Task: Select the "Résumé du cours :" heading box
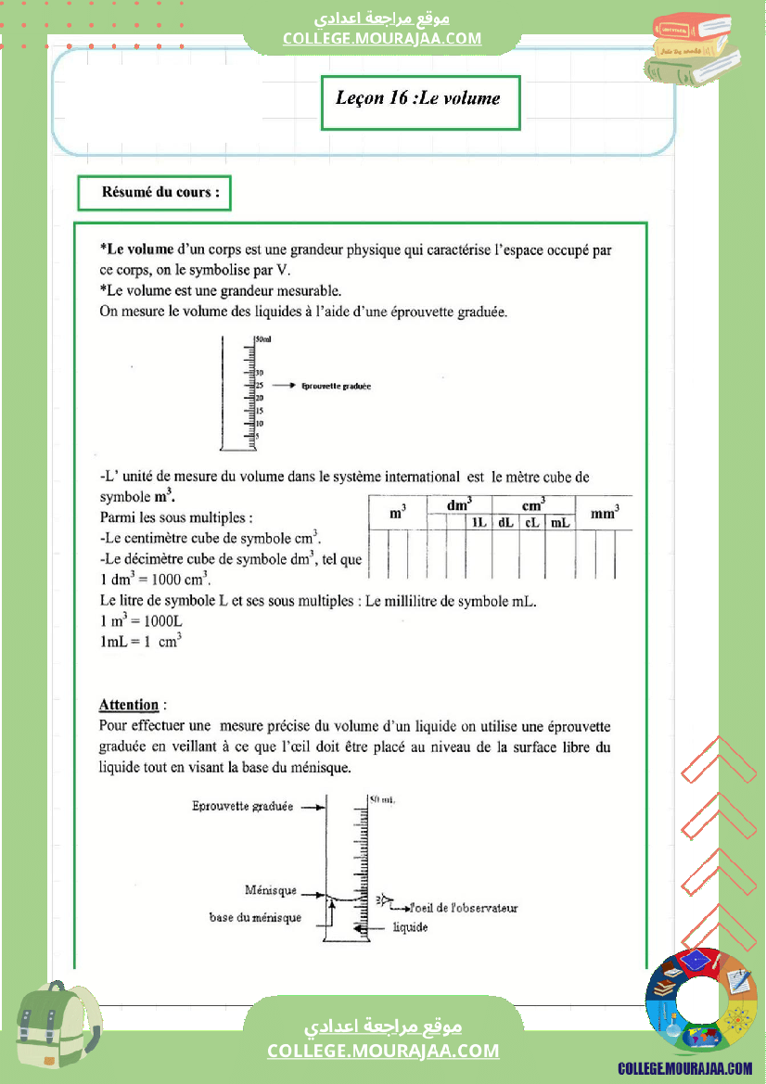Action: coord(154,194)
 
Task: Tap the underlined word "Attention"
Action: coord(129,705)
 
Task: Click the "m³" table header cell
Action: coord(397,511)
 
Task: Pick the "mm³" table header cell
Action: coord(604,511)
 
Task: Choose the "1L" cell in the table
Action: coord(479,522)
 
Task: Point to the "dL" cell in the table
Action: coord(505,522)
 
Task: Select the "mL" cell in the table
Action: coord(559,522)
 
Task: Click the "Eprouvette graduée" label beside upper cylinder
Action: coord(336,386)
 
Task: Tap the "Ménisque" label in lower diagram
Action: coord(271,890)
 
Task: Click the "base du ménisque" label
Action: coord(255,917)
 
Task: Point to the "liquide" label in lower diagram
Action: coord(411,927)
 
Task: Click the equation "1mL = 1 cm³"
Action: coord(140,640)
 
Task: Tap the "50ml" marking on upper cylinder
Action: coord(262,340)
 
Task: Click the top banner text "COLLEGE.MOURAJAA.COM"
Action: coord(382,38)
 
